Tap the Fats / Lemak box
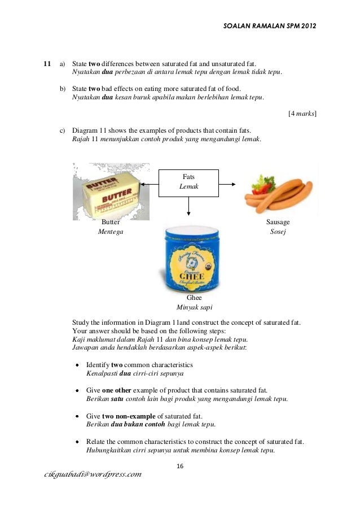point(188,182)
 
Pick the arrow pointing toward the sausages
point(228,184)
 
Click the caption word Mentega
point(111,232)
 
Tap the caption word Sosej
point(278,232)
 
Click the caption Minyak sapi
point(190,307)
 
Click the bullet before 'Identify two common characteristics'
point(78,365)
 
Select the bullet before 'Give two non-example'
point(78,416)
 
